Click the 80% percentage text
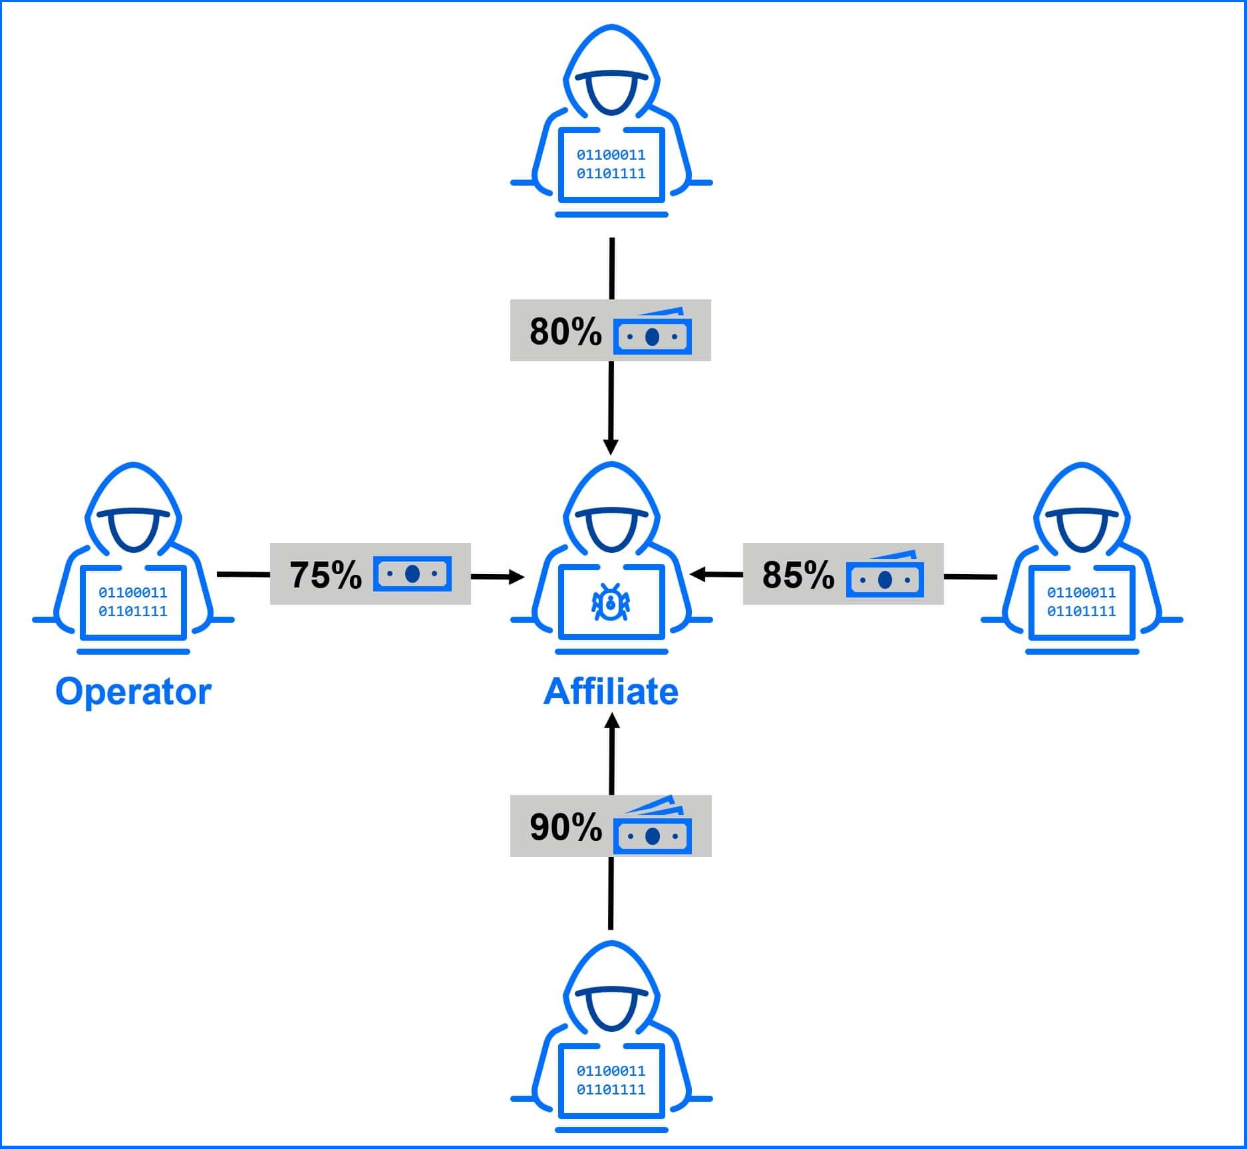tap(565, 331)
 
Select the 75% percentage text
tap(325, 575)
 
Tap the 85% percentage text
tap(798, 575)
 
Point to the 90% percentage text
tap(565, 827)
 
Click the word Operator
tap(133, 692)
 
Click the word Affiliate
tap(611, 692)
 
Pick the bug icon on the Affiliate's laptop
tap(611, 602)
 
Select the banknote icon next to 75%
tap(412, 574)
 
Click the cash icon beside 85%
tap(885, 575)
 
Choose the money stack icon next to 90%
tap(652, 828)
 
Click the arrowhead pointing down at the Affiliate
tap(611, 446)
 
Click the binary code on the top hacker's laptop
tap(611, 164)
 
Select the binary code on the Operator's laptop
tap(133, 601)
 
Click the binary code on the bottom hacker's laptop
tap(611, 1080)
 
